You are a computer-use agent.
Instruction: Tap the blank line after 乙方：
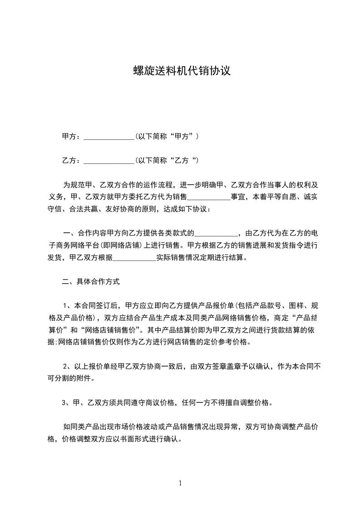pyautogui.click(x=109, y=161)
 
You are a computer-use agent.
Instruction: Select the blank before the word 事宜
pyautogui.click(x=209, y=197)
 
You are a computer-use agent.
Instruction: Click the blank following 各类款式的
pyautogui.click(x=216, y=234)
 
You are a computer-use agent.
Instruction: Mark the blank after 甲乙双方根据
pyautogui.click(x=134, y=258)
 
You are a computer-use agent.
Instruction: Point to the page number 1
pyautogui.click(x=180, y=483)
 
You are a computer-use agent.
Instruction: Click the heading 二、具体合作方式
pyautogui.click(x=91, y=282)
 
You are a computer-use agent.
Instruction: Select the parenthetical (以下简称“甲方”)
pyautogui.click(x=167, y=136)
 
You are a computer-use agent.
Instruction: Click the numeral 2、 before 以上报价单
pyautogui.click(x=67, y=366)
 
